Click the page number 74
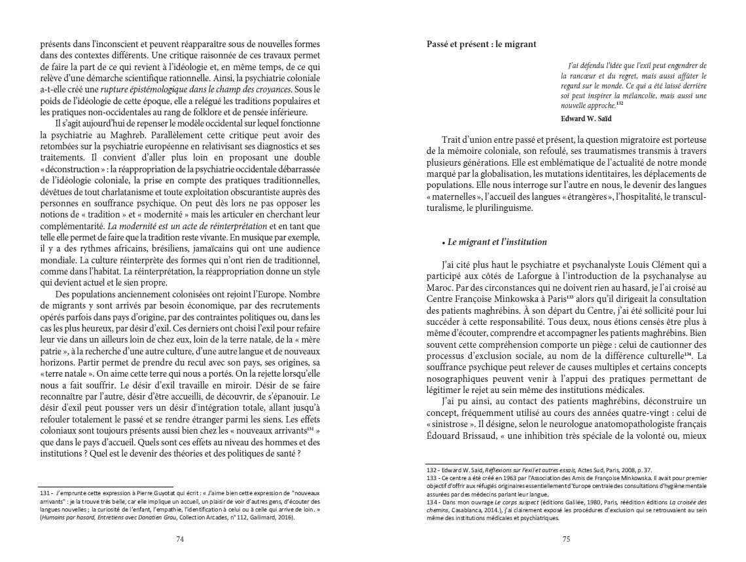pyautogui.click(x=179, y=539)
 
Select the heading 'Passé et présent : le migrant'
pyautogui.click(x=481, y=45)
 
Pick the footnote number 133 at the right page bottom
pyautogui.click(x=431, y=478)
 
